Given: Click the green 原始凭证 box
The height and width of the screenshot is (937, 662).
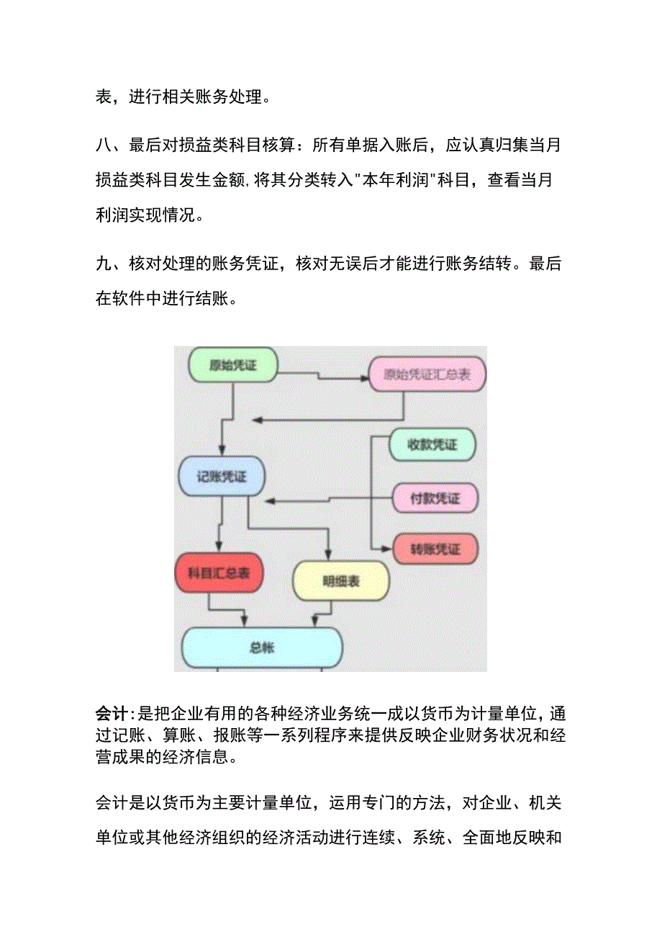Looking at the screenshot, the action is [232, 366].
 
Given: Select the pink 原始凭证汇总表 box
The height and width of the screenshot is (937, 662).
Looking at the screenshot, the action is [427, 375].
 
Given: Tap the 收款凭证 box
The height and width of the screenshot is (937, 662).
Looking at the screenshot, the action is [432, 445].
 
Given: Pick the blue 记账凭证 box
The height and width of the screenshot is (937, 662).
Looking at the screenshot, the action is [222, 475].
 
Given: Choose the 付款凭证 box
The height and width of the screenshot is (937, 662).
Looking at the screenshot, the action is [435, 498].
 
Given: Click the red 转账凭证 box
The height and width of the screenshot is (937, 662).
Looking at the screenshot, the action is [435, 549].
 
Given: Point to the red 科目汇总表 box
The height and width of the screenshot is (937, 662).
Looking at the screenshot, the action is [219, 574].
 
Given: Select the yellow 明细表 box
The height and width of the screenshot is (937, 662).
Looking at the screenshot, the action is [340, 580].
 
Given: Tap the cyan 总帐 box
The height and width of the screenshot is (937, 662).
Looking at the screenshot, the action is [262, 647].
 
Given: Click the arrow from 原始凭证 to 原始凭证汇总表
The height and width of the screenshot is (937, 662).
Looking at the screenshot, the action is [320, 375].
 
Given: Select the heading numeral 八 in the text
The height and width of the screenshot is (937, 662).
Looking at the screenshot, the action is [104, 146].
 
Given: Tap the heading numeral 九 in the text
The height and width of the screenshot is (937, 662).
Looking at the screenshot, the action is [104, 264].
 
